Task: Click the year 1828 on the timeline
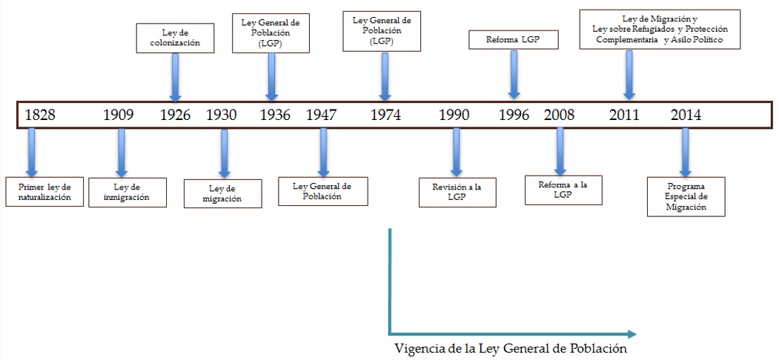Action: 40,115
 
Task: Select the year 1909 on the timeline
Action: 118,115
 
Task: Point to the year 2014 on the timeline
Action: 686,115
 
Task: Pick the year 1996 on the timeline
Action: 514,115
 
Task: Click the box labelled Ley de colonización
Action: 176,39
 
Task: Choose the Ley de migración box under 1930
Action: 222,194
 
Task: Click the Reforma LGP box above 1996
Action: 514,39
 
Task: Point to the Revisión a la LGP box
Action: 457,192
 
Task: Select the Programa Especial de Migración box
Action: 686,196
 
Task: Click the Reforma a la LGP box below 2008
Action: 563,190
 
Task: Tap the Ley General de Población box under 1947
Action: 322,191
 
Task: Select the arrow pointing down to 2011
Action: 629,74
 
